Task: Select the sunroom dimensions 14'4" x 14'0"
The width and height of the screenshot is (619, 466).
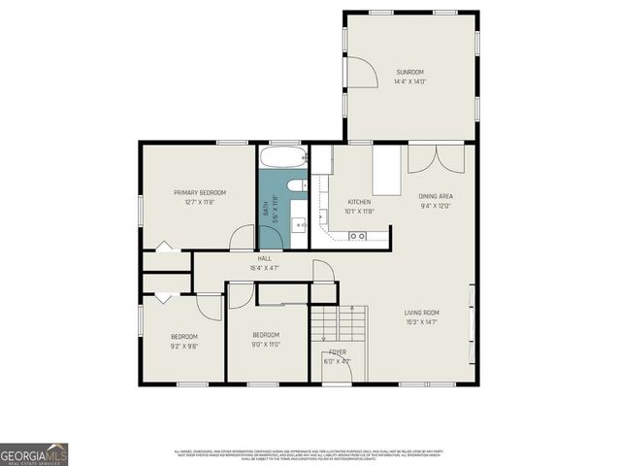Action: (410, 83)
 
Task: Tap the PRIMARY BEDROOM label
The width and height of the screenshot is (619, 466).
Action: (200, 192)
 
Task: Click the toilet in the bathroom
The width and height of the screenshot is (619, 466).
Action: (296, 184)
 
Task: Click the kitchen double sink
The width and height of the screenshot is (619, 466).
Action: (357, 236)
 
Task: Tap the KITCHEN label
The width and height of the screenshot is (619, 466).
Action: (359, 201)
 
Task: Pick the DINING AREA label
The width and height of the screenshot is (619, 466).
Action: (437, 196)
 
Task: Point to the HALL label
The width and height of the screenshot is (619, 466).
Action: (264, 258)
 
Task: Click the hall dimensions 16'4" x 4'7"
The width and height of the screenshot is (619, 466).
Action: (264, 268)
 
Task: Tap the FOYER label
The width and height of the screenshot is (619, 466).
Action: (337, 352)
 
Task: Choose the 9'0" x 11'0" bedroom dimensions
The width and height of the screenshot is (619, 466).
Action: (266, 345)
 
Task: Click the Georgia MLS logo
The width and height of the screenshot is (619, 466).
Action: (34, 454)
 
